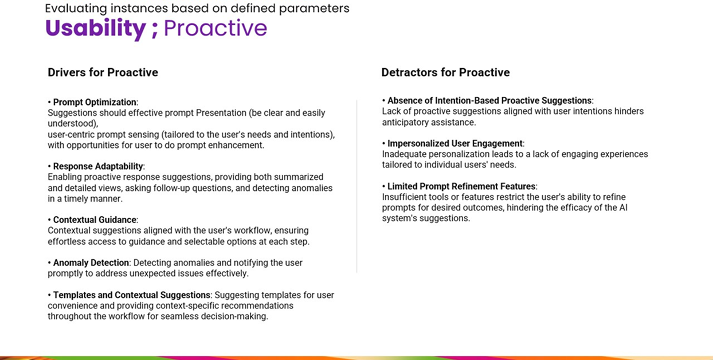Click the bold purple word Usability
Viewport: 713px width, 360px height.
tap(96, 29)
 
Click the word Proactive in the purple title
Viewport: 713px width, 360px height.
tap(215, 28)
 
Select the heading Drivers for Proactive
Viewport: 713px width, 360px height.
tap(103, 73)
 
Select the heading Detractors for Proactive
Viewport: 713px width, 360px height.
tap(446, 73)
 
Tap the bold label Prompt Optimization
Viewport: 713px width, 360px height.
tap(95, 102)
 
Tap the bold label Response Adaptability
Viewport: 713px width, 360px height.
tap(98, 166)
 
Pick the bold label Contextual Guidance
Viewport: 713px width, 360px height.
tap(95, 220)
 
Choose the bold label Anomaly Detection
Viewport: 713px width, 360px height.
tap(91, 263)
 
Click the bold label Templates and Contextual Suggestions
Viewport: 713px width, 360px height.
tap(132, 295)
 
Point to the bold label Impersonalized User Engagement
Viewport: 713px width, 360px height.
tap(455, 143)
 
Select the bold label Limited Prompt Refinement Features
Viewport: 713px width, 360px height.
tap(461, 186)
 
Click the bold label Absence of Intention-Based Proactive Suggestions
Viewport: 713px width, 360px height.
tap(489, 100)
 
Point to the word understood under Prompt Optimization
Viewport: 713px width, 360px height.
tap(73, 123)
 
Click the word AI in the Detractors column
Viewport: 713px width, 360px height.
tap(623, 208)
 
